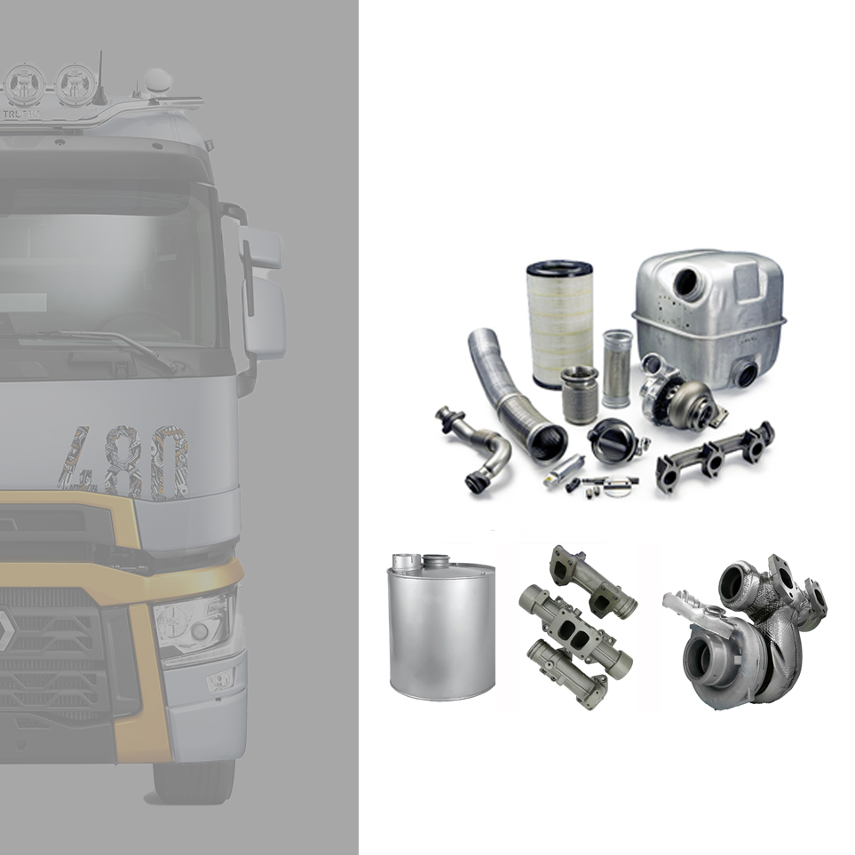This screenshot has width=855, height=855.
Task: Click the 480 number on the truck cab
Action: [124, 462]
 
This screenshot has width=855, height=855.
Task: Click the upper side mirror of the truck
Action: [259, 248]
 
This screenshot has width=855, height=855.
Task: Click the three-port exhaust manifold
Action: [716, 453]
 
